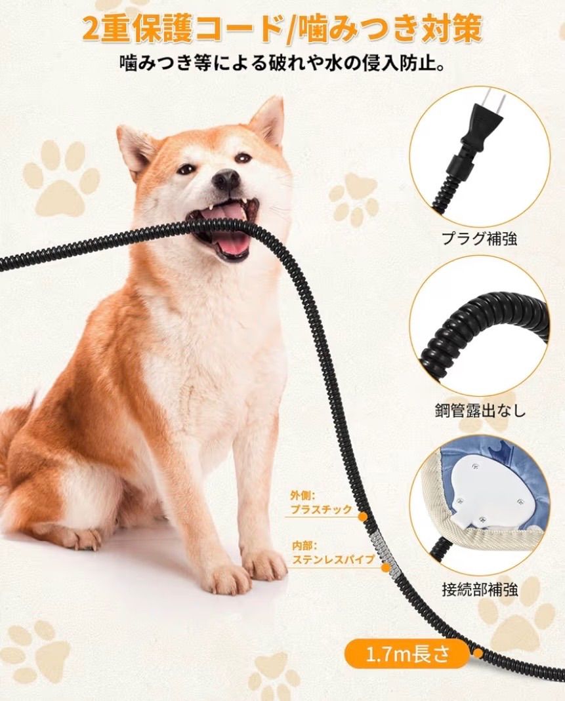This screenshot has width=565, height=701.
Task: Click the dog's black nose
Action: tap(226, 179)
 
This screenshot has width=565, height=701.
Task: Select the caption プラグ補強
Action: tap(480, 238)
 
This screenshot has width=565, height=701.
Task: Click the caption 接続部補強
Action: tap(480, 590)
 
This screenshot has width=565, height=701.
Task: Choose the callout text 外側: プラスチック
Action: tap(321, 504)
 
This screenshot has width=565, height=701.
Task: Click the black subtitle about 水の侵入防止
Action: tap(282, 63)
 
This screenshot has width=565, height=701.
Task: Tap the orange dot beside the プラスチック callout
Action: tap(363, 517)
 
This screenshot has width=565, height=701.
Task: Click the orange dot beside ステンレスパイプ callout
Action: tap(385, 567)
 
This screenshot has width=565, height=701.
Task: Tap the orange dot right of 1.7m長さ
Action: tap(478, 653)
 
